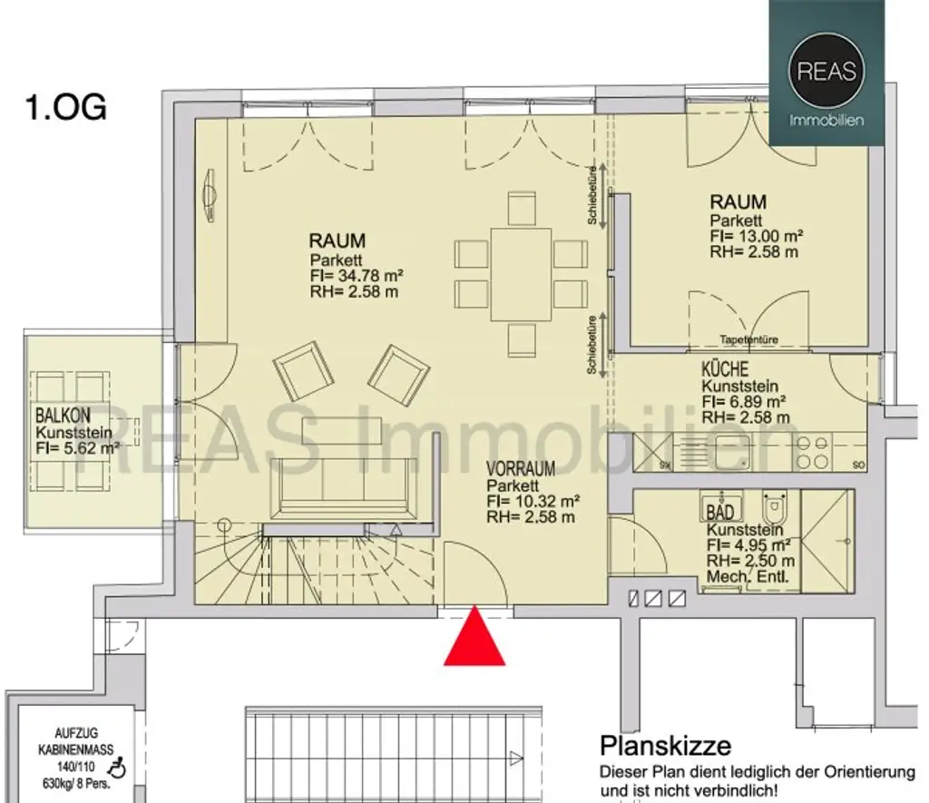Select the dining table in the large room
pyautogui.click(x=521, y=274)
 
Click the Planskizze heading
pyautogui.click(x=665, y=746)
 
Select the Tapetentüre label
pyautogui.click(x=748, y=340)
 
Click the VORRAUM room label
pyautogui.click(x=520, y=469)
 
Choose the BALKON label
pyautogui.click(x=63, y=415)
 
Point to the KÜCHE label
pyautogui.click(x=725, y=369)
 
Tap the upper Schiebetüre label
pyautogui.click(x=592, y=196)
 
